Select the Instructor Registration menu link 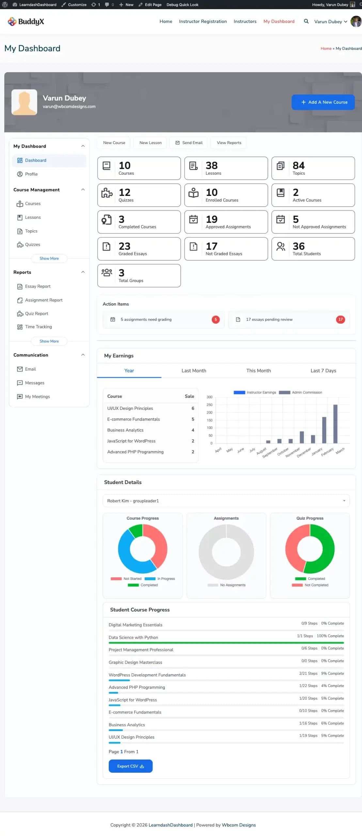pyautogui.click(x=203, y=22)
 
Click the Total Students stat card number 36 pyautogui.click(x=298, y=246)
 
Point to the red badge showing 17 pyautogui.click(x=340, y=319)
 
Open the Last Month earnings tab pyautogui.click(x=194, y=371)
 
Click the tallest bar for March pyautogui.click(x=335, y=424)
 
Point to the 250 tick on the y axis pyautogui.click(x=209, y=405)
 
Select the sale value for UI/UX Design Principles pyautogui.click(x=193, y=409)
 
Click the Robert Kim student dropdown pyautogui.click(x=226, y=501)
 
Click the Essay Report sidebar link pyautogui.click(x=38, y=286)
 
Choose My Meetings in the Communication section pyautogui.click(x=37, y=396)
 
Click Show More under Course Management pyautogui.click(x=49, y=258)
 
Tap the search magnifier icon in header pyautogui.click(x=306, y=22)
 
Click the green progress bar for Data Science pyautogui.click(x=226, y=643)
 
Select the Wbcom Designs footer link pyautogui.click(x=239, y=825)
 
